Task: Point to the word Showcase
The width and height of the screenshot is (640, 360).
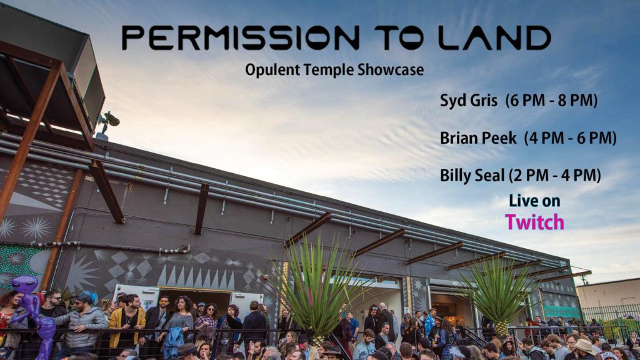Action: coord(391,69)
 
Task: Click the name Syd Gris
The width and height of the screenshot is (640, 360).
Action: coord(469,101)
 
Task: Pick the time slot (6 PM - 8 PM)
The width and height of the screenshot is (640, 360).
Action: coord(551,101)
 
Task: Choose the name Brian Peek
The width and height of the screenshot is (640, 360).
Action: coord(478,138)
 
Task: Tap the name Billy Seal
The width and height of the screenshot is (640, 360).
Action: coord(472,176)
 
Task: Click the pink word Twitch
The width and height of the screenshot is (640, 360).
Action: coord(535,222)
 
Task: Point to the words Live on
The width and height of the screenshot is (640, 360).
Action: coord(535,201)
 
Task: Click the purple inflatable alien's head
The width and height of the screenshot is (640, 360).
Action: coord(24,284)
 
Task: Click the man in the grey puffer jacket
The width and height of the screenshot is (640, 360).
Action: coord(84,322)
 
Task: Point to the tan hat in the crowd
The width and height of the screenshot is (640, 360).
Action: coord(585,346)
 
